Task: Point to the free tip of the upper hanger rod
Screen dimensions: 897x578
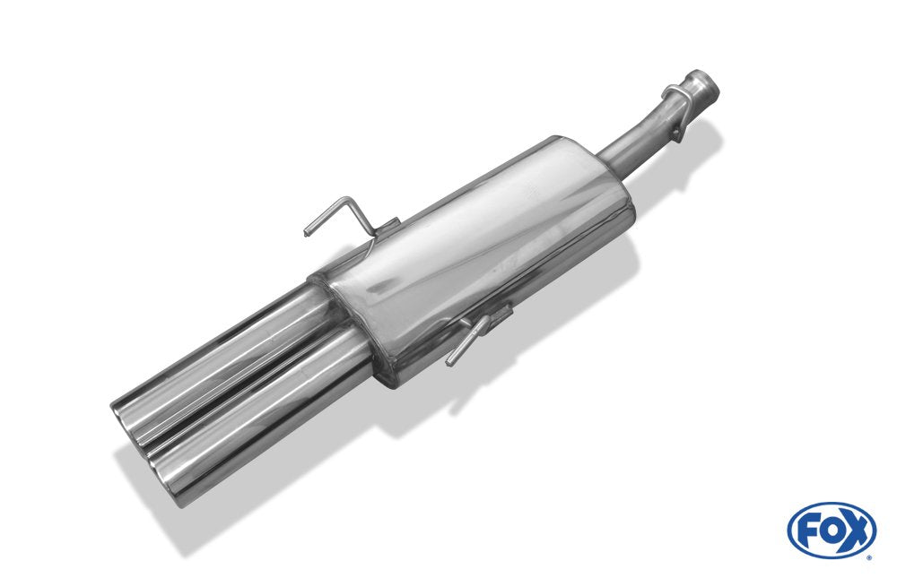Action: coord(307,233)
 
